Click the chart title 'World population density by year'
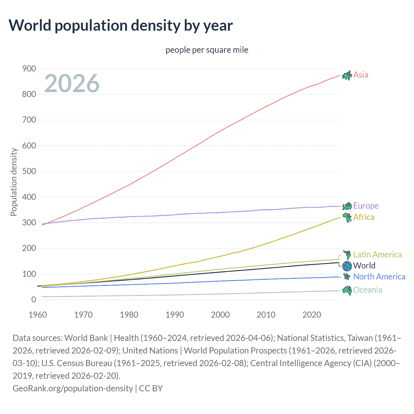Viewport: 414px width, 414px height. pos(120,26)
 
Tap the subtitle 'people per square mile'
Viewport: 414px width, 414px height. pos(207,50)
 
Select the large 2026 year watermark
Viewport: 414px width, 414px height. pos(72,83)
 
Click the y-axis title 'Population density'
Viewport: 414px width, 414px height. pos(14,182)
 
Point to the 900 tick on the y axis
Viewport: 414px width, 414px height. pos(29,69)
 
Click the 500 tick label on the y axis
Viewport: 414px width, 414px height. pos(29,171)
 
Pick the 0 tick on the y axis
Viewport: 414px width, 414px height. pos(34,300)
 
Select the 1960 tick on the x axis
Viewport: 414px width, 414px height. pos(38,315)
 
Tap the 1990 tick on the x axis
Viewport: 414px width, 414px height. pos(175,315)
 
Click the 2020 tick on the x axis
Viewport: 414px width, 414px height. pos(311,315)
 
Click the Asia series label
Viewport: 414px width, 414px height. pos(361,75)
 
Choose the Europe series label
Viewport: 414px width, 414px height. pos(366,206)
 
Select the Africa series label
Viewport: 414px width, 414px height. pos(364,217)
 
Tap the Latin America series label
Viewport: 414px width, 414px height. pos(377,255)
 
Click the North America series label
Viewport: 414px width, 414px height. pos(379,277)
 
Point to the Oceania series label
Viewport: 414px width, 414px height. pos(367,290)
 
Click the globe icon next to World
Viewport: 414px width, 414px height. pos(347,266)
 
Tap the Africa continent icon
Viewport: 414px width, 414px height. pos(347,217)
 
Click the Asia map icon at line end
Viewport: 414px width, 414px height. pos(347,75)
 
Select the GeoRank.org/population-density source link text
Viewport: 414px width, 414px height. pos(73,388)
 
